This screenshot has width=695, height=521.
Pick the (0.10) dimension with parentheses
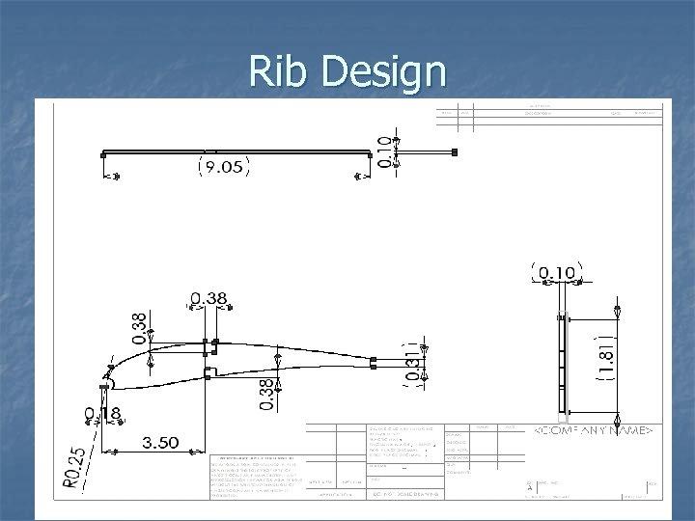click(x=554, y=273)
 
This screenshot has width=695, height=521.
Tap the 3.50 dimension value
click(x=159, y=443)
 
